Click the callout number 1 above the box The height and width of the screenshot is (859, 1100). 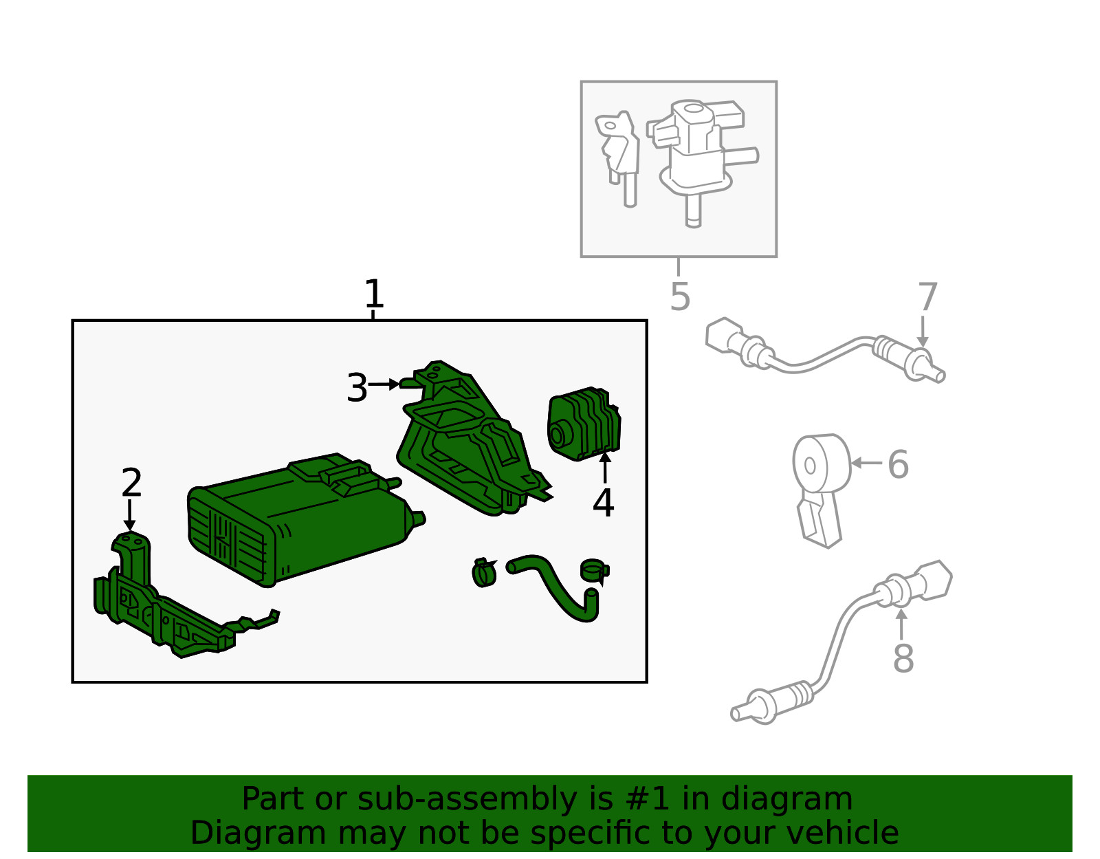[373, 294]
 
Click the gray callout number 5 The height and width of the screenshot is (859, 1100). [679, 296]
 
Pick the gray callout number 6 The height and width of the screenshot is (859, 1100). [898, 464]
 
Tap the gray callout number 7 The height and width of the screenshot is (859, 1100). [927, 297]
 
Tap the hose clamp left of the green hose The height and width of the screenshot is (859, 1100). [484, 572]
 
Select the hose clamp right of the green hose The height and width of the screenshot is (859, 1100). [593, 570]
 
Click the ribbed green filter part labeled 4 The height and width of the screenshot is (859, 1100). [584, 423]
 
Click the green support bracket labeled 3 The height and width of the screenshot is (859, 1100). [467, 440]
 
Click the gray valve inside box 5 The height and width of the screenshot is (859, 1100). [698, 151]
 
